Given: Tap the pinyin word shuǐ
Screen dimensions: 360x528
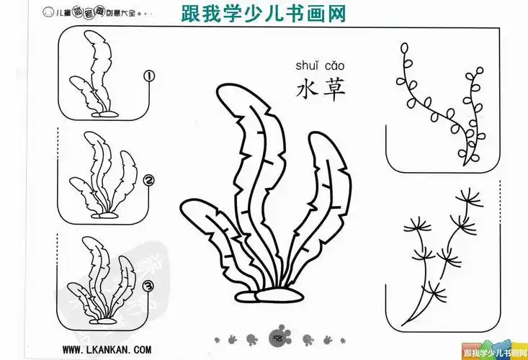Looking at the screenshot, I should click(308, 66).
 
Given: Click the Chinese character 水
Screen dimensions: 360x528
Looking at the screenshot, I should click(308, 89).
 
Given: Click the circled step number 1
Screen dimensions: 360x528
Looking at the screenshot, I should click(151, 76).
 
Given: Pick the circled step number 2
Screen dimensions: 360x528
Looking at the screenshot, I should click(150, 181).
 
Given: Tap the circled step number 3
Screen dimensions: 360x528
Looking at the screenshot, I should click(150, 287).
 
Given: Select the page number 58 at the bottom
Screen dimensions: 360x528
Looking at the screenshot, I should click(275, 338).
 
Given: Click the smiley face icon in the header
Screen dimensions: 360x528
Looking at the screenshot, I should click(48, 12).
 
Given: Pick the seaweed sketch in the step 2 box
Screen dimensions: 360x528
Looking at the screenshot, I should click(104, 176).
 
